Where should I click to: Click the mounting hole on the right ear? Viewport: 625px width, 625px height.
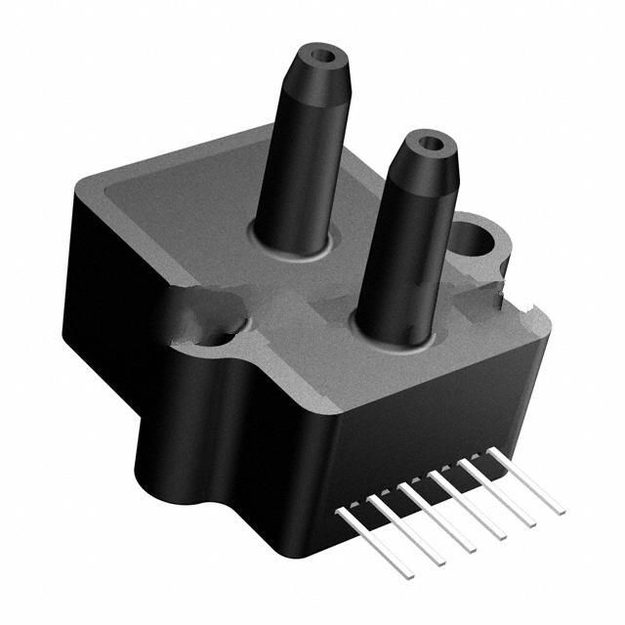[x=475, y=237]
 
